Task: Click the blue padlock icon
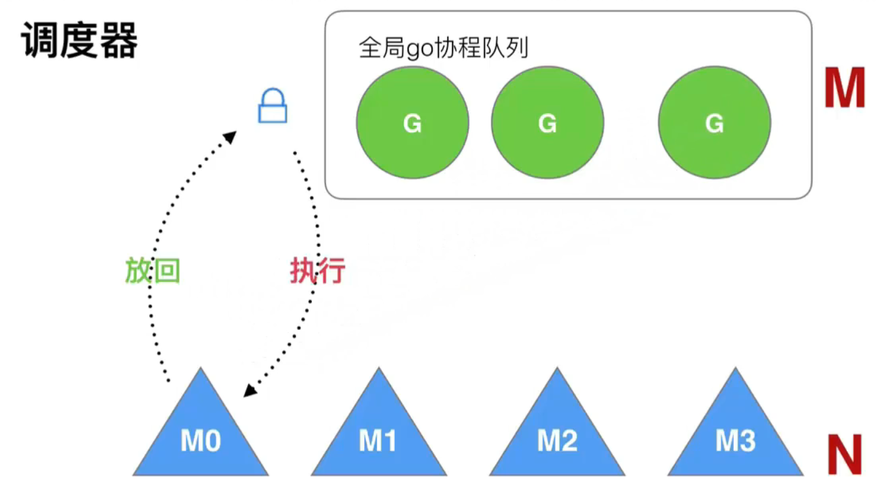point(273,106)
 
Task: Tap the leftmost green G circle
point(412,122)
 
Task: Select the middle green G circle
point(547,122)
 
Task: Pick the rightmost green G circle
point(714,122)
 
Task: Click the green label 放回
point(152,271)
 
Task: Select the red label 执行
point(317,271)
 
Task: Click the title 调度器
point(80,42)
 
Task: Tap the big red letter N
point(844,455)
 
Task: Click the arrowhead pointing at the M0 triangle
point(249,390)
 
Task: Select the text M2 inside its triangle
point(557,441)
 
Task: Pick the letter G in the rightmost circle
point(714,124)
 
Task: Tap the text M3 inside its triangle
point(735,441)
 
